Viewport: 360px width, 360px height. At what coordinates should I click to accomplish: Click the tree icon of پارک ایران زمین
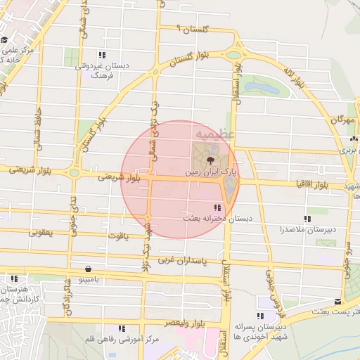click(202, 160)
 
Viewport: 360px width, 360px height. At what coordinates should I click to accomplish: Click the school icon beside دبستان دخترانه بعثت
click(217, 207)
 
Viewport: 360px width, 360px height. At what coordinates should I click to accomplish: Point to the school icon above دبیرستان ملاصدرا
click(307, 219)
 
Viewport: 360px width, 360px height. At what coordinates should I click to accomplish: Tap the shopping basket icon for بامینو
click(88, 269)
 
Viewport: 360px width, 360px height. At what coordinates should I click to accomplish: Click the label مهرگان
click(342, 120)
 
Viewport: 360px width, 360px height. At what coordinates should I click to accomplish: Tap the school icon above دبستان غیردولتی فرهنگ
click(103, 54)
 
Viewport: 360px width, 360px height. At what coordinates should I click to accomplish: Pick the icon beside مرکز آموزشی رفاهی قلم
click(122, 328)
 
